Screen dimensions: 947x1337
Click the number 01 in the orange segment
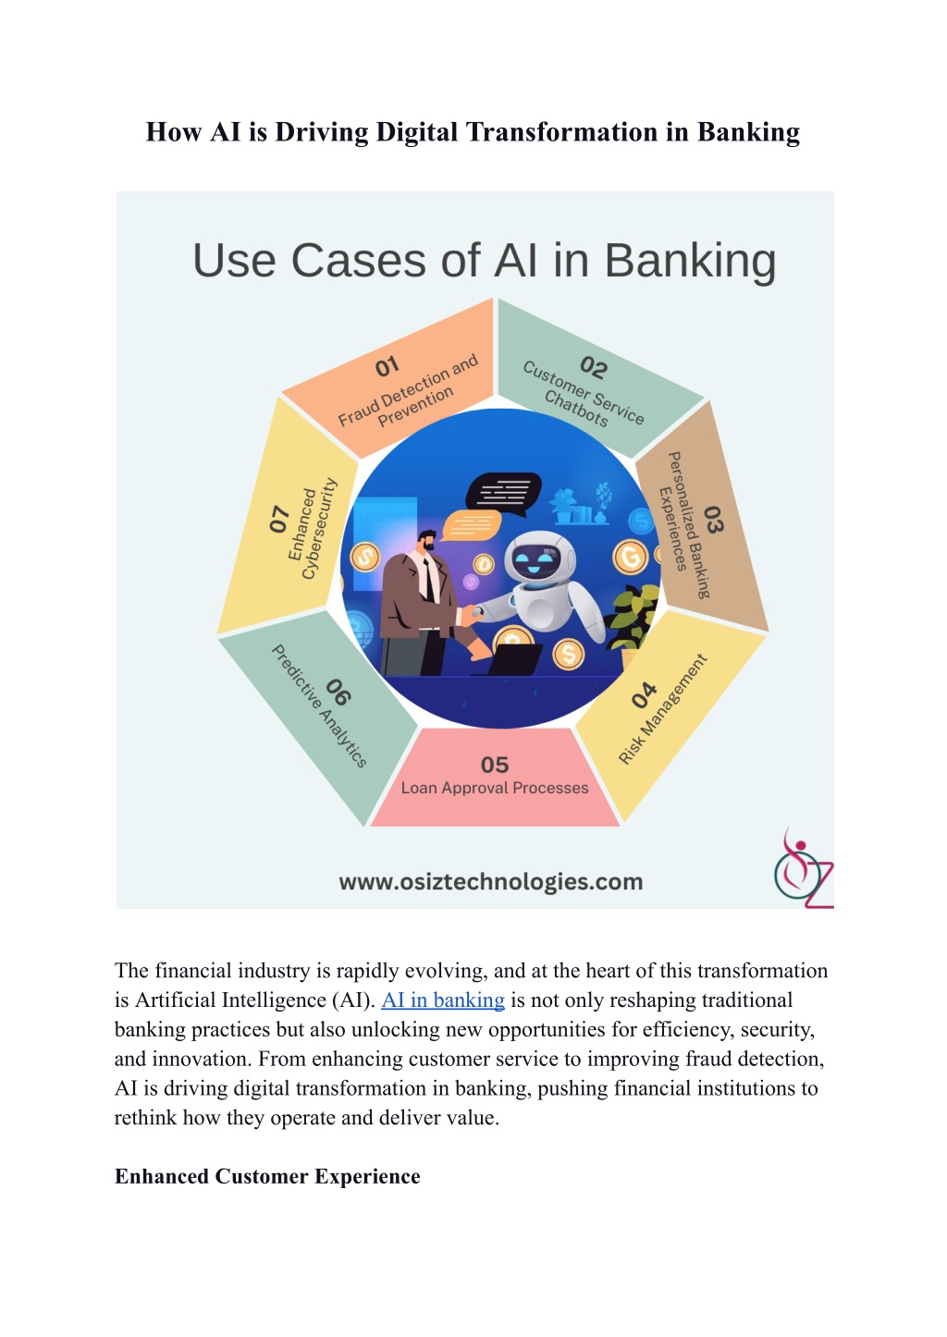coord(387,366)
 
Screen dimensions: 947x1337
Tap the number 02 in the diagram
coord(594,368)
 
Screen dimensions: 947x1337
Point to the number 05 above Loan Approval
coord(495,765)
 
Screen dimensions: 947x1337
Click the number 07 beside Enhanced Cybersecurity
coord(279,519)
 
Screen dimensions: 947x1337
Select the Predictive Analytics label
coord(319,705)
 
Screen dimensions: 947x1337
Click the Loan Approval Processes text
coord(495,788)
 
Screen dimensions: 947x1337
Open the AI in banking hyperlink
coord(443,1000)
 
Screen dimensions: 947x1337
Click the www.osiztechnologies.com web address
coord(491,881)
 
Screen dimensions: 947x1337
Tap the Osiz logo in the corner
coord(803,868)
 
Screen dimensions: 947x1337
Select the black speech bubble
coord(503,494)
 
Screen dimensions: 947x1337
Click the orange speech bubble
coord(471,525)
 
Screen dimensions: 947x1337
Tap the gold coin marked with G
coord(630,557)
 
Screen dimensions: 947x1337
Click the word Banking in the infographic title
coord(690,261)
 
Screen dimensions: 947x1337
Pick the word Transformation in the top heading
coord(562,132)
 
